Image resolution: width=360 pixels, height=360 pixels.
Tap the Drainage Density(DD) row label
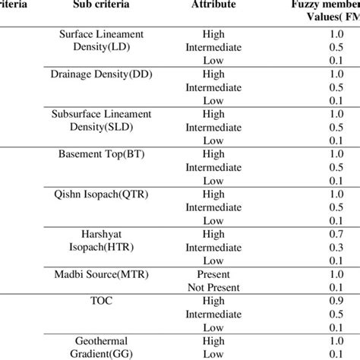click(x=102, y=74)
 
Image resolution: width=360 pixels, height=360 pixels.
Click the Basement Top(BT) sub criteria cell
click(x=102, y=153)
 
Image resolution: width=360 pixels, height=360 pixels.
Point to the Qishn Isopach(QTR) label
click(x=102, y=194)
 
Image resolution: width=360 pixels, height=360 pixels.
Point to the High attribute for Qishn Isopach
click(x=214, y=194)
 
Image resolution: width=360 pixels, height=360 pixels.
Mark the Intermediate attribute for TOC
click(x=214, y=313)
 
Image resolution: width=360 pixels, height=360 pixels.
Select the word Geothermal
click(x=101, y=340)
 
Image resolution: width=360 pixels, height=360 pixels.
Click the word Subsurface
click(x=74, y=114)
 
